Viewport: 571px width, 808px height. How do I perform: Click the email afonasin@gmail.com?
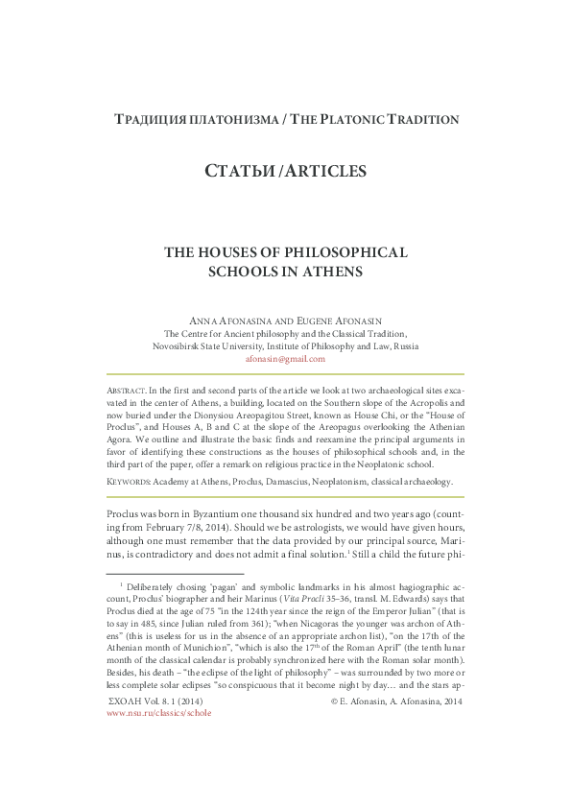tap(285, 359)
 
